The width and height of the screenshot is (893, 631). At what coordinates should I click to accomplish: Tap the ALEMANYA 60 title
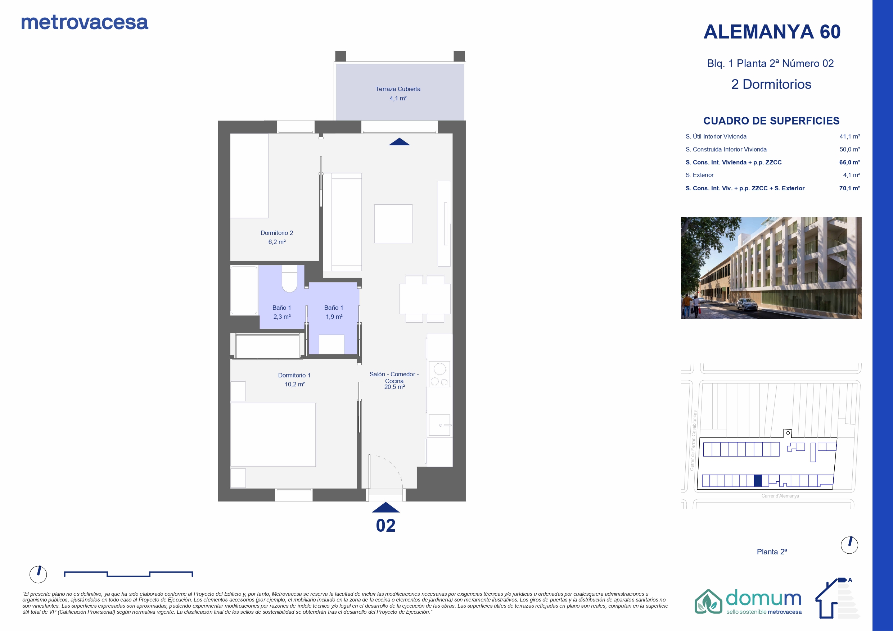tap(772, 32)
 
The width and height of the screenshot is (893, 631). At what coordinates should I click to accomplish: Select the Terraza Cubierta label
tap(398, 89)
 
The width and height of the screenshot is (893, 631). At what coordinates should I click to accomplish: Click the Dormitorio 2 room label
tap(276, 233)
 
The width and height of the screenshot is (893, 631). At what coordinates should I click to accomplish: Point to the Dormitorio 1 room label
tap(294, 375)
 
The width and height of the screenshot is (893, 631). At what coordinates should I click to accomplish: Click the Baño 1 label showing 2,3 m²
tap(281, 312)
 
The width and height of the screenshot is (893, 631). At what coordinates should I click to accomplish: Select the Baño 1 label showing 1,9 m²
tap(334, 312)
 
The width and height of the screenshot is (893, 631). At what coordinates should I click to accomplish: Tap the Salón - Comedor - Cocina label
tap(394, 377)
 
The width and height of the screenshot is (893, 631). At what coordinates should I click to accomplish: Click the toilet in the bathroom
tap(289, 278)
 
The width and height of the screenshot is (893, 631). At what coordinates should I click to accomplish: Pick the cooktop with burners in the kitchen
tap(439, 374)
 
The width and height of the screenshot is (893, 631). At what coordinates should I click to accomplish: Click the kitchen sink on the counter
tap(439, 425)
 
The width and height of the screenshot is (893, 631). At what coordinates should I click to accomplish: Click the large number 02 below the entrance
tap(385, 526)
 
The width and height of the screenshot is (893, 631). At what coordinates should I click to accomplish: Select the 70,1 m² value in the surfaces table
tap(849, 188)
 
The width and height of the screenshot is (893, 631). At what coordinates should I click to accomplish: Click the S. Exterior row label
tap(699, 175)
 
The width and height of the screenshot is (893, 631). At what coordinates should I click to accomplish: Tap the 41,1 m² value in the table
tap(849, 136)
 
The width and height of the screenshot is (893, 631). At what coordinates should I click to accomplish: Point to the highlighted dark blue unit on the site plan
tap(757, 481)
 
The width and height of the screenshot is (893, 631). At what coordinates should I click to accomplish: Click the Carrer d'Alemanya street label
tap(780, 496)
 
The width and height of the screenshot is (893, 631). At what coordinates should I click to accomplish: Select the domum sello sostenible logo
tap(748, 602)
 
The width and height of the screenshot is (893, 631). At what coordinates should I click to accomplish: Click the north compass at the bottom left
tap(38, 574)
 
